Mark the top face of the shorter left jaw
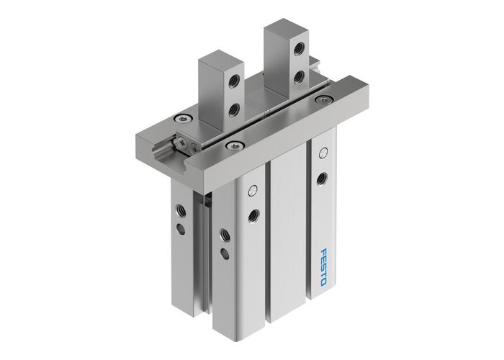pyautogui.click(x=217, y=58)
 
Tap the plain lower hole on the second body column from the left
pyautogui.click(x=226, y=251)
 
